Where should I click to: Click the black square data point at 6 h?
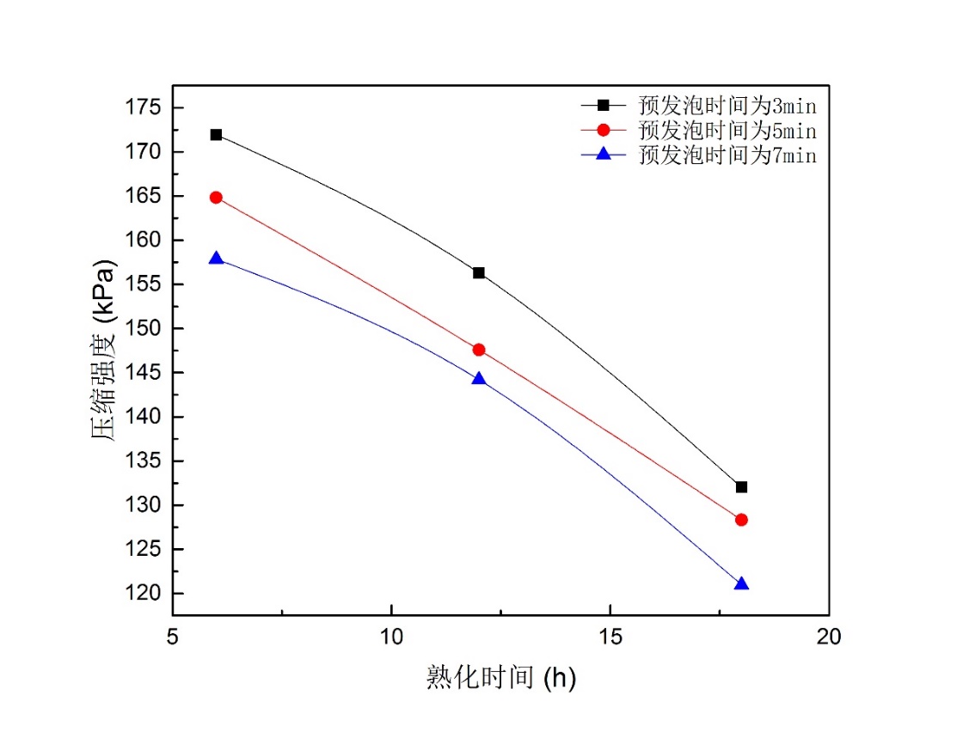216,135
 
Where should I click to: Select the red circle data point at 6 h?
216,198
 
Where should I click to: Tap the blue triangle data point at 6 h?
216,259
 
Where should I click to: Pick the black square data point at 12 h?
479,273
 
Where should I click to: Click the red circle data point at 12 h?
479,350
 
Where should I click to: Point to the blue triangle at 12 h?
479,379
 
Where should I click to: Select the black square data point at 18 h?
741,487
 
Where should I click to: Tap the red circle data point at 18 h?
741,520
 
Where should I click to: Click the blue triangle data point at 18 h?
741,584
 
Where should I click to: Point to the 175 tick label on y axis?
143,107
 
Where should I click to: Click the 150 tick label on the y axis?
143,328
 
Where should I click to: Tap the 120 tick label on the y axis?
143,594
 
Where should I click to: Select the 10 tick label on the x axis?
391,637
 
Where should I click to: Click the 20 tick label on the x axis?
829,637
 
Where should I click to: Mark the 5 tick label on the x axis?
173,637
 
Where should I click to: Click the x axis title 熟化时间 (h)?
500,678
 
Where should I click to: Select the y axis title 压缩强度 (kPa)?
103,350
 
